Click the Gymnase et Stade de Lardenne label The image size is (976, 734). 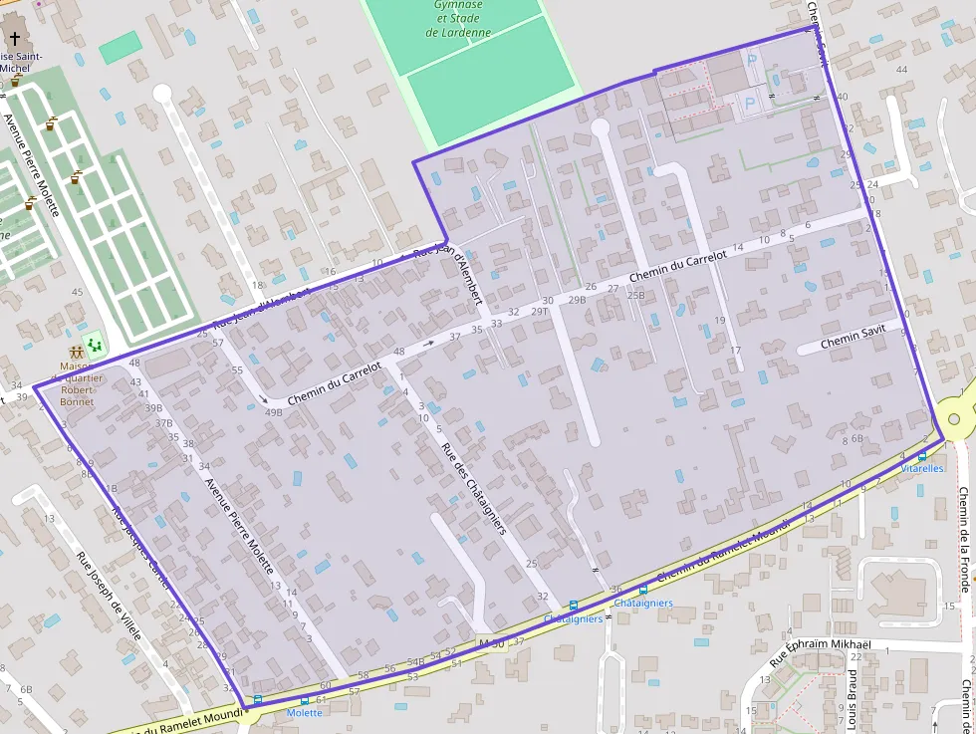(x=458, y=19)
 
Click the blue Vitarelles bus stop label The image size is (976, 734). (x=921, y=468)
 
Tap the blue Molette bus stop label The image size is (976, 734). (x=304, y=713)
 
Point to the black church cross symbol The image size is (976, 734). (x=14, y=41)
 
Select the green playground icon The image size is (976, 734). (x=96, y=346)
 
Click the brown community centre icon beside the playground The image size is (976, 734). (x=77, y=352)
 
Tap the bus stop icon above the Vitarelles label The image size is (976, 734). (x=922, y=456)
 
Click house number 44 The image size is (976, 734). (x=901, y=70)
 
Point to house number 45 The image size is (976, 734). (x=78, y=292)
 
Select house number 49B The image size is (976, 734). (x=273, y=412)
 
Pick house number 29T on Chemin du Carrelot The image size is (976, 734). (x=540, y=312)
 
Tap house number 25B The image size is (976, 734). (x=635, y=295)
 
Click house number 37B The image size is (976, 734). (x=164, y=423)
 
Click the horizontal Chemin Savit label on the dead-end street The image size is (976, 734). (x=853, y=343)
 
